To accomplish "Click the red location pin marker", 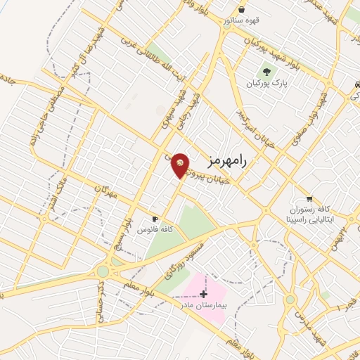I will (181, 165).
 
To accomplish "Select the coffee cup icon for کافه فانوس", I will (155, 219).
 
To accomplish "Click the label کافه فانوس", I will (155, 230).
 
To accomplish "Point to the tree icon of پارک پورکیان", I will (266, 72).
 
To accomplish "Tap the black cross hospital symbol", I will (204, 293).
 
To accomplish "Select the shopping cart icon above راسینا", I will (309, 199).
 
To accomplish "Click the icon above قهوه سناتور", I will (243, 11).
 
